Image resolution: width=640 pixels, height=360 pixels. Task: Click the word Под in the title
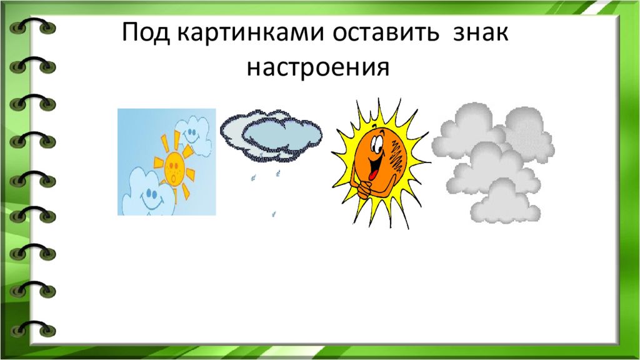pos(146,32)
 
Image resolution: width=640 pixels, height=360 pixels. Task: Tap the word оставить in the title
pos(385,32)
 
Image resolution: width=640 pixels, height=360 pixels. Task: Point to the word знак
pos(481,32)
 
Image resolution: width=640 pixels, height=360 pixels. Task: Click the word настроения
pos(318,67)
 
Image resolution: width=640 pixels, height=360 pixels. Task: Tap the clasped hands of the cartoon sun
pos(365,188)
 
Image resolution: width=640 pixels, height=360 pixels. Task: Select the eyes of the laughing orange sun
pos(377,144)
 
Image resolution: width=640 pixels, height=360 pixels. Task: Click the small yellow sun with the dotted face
pos(175,166)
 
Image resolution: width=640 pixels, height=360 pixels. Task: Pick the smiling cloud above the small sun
pos(194,135)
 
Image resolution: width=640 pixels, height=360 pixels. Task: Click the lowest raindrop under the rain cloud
pos(274,214)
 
